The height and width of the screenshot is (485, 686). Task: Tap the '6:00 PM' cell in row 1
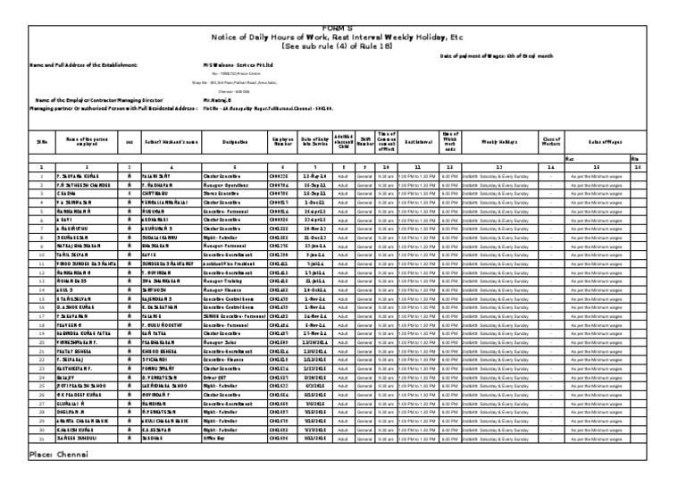(x=448, y=176)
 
